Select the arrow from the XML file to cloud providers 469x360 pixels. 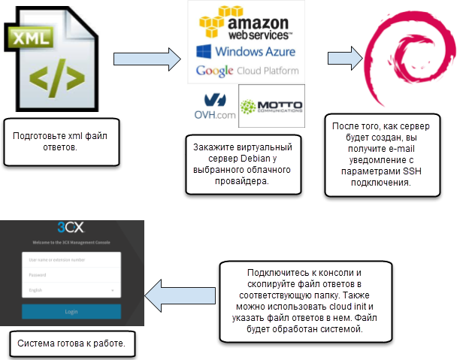coord(147,59)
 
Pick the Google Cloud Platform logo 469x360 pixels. coord(247,71)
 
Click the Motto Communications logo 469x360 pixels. coord(271,105)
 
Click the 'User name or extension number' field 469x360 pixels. coord(71,260)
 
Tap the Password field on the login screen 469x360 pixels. coord(71,274)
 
